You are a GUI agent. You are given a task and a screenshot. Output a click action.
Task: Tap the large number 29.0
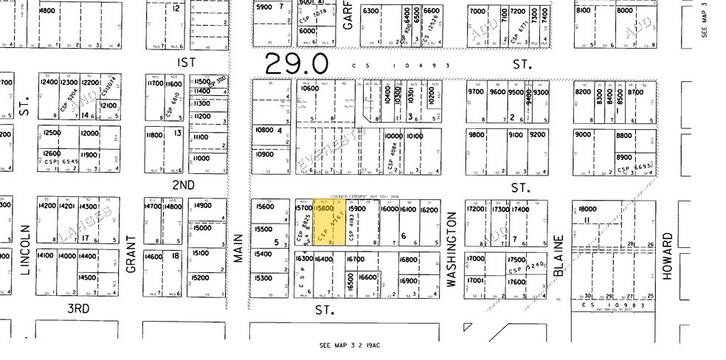297,65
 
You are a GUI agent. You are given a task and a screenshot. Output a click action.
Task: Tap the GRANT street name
132,255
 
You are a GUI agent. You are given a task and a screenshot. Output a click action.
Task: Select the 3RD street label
77,308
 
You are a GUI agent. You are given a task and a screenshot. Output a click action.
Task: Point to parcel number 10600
311,89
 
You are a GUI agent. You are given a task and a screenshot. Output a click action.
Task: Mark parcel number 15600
264,207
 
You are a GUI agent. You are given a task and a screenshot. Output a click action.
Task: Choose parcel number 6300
370,11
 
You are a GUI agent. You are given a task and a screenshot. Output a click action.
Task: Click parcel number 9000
584,134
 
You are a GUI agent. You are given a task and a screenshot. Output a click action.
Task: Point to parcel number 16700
356,259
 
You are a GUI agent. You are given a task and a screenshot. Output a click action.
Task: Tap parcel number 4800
47,11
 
